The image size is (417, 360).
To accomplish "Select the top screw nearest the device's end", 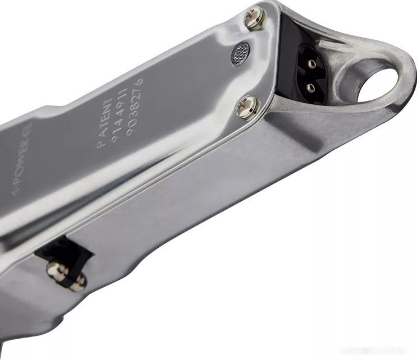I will (256, 18).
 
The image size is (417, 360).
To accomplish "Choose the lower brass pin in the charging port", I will (309, 87).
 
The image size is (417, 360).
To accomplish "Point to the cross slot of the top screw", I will (256, 18).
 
